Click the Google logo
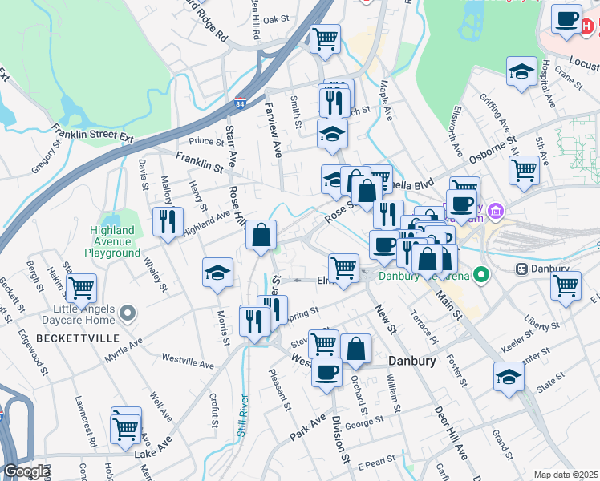point(26,471)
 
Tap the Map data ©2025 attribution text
point(566,475)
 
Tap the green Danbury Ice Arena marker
point(481,276)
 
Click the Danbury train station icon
point(521,269)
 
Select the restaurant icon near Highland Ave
point(168,221)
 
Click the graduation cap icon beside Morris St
point(217,273)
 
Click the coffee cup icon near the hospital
point(567,19)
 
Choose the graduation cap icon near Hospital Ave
point(521,71)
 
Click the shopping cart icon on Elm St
point(344,268)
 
